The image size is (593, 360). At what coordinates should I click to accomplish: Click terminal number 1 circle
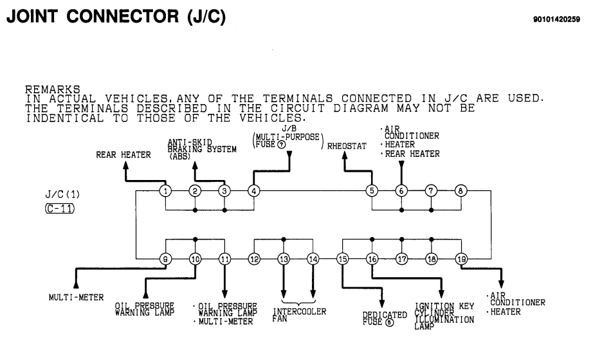tap(166, 191)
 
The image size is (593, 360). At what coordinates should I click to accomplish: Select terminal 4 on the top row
tap(254, 191)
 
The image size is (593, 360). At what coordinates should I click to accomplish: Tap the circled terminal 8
tap(461, 191)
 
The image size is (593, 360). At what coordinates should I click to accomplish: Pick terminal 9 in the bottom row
tap(166, 259)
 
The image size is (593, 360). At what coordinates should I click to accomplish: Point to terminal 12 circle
tap(254, 259)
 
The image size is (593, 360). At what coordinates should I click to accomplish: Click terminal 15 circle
tap(342, 259)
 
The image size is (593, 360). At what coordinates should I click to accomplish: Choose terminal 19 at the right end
tap(461, 259)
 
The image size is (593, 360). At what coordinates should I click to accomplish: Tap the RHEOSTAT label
tap(347, 147)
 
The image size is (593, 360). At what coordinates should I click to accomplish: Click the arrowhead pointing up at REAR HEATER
tap(127, 164)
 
